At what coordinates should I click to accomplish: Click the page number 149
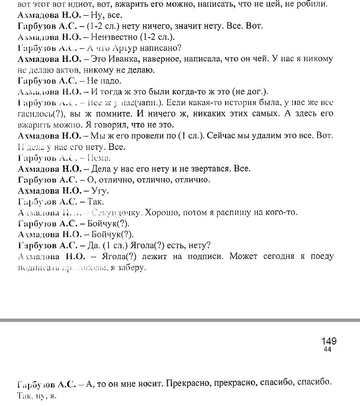point(329,341)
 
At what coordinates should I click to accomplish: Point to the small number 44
point(327,350)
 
